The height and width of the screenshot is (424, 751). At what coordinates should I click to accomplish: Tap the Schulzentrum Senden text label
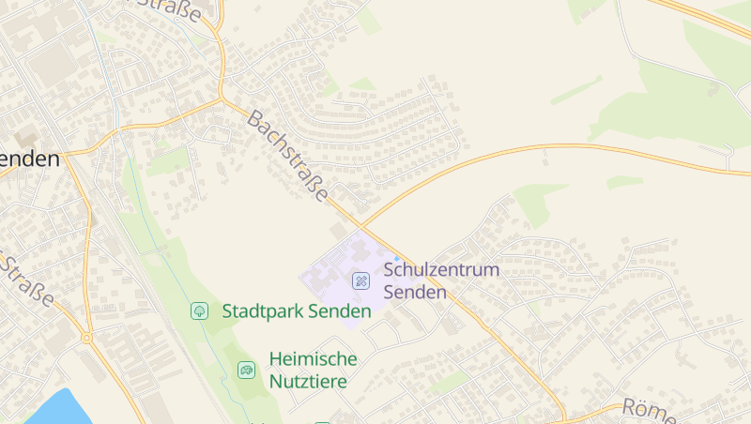(x=441, y=280)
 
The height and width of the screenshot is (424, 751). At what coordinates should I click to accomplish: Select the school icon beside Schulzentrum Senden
(x=360, y=280)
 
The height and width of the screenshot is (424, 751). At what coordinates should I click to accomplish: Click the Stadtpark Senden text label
(x=297, y=310)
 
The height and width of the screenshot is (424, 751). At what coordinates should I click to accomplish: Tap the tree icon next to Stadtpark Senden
(x=199, y=310)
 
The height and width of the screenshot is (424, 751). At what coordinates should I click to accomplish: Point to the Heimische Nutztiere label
(x=313, y=370)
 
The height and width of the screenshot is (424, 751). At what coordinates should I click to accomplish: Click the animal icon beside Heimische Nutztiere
(x=246, y=370)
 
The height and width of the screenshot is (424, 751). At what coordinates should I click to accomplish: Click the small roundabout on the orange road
(x=86, y=337)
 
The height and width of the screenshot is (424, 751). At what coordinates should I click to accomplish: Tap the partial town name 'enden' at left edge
(x=30, y=159)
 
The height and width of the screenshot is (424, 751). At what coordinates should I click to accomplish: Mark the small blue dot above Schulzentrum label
(x=396, y=258)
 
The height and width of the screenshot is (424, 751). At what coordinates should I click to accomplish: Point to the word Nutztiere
(x=308, y=382)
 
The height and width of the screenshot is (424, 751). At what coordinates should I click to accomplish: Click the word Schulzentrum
(x=441, y=270)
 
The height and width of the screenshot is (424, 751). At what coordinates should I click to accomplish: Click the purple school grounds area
(x=333, y=281)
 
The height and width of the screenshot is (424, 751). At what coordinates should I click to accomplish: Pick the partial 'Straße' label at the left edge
(x=26, y=279)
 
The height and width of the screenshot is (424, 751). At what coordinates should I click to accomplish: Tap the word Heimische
(x=313, y=358)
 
